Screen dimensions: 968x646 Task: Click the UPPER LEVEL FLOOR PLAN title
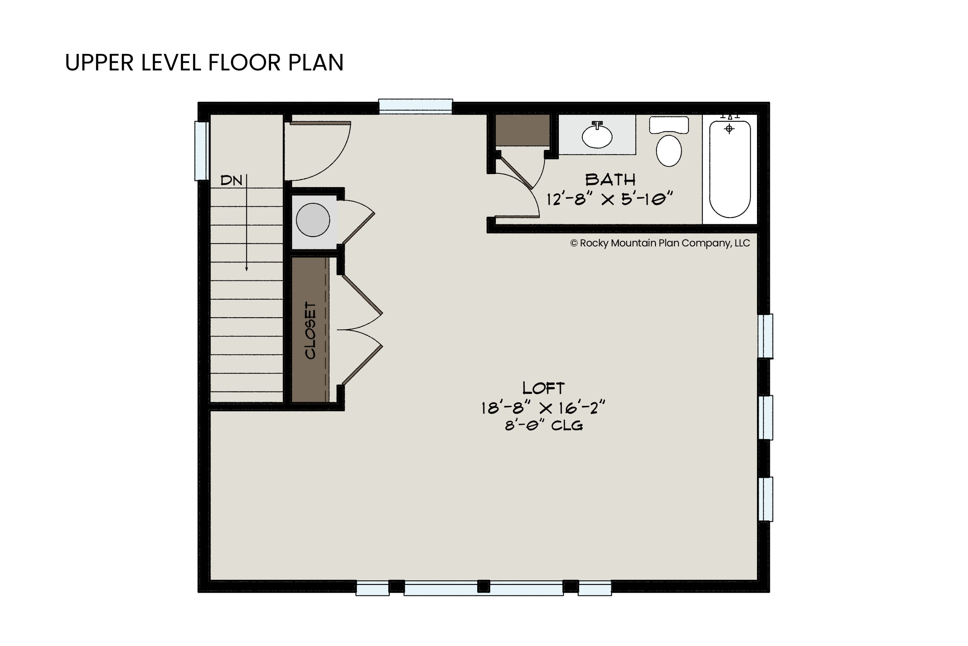(x=204, y=63)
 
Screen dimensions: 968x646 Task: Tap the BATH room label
(x=610, y=180)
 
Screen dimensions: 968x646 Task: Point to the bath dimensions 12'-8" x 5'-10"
(x=610, y=199)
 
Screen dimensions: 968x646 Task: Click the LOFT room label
(x=543, y=388)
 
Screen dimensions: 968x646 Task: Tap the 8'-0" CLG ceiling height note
(x=544, y=425)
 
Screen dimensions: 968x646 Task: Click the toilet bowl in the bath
(x=669, y=151)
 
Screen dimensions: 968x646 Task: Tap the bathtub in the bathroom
(x=730, y=169)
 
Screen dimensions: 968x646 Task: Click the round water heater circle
(x=313, y=220)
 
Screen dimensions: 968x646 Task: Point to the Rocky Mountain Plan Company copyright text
(x=660, y=243)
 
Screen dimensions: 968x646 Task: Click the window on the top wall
(x=416, y=106)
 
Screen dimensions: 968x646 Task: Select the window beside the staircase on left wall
(x=202, y=151)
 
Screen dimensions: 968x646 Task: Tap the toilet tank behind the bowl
(x=669, y=125)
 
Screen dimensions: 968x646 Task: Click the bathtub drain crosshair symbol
(x=729, y=129)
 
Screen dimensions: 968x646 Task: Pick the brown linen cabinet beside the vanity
(x=522, y=130)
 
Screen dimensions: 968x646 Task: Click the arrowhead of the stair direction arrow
(x=247, y=269)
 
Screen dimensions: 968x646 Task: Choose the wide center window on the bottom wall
(x=484, y=588)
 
